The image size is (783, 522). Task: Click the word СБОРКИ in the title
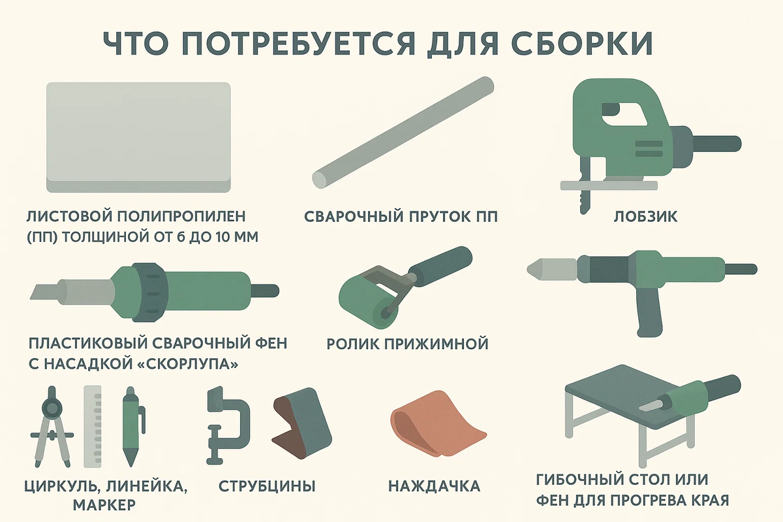[581, 44]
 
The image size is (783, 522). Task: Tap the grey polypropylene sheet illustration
[138, 137]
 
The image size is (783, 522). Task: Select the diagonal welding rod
[403, 133]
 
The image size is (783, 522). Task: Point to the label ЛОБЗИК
[645, 217]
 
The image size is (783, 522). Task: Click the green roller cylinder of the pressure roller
[369, 301]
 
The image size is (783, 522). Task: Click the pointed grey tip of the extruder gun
[535, 269]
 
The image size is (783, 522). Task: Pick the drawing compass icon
[52, 427]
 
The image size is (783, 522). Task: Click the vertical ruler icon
[93, 427]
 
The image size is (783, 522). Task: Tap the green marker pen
[131, 427]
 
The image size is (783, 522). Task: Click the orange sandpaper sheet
[437, 425]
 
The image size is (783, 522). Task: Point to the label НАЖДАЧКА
[434, 486]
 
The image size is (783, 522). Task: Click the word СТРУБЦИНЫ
[267, 486]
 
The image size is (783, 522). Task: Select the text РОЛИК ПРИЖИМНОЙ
[407, 344]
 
